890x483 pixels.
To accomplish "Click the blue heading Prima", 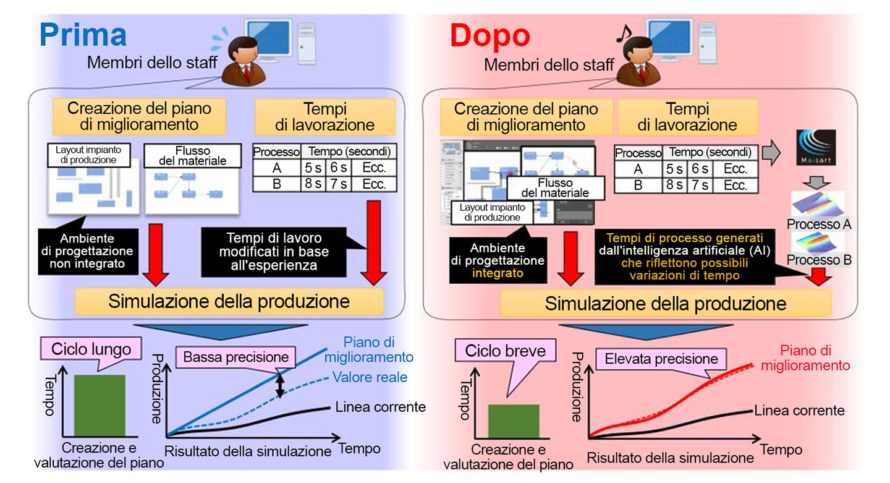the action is click(83, 35).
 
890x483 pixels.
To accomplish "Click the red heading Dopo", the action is click(490, 36).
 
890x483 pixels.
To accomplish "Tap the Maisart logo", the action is click(816, 147).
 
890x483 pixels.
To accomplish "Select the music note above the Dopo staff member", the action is click(624, 33).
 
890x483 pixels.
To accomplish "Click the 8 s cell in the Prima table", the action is click(313, 184).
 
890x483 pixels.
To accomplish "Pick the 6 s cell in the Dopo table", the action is click(700, 169).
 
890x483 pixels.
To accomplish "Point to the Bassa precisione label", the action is click(235, 357).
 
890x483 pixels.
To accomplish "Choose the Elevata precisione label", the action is click(661, 359).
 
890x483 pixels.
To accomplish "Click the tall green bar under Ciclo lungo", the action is click(100, 406).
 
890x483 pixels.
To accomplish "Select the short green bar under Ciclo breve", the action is click(514, 421).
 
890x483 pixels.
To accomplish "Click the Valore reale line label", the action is click(370, 377).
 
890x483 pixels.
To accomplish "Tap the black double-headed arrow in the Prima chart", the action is click(280, 386).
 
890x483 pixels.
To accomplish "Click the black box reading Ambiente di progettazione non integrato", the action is click(88, 251).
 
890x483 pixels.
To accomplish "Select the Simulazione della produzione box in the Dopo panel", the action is click(666, 303).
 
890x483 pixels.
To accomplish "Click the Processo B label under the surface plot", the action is click(819, 260).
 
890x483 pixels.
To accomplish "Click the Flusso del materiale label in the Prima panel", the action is click(193, 156).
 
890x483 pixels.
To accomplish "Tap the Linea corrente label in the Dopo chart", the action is click(799, 410).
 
